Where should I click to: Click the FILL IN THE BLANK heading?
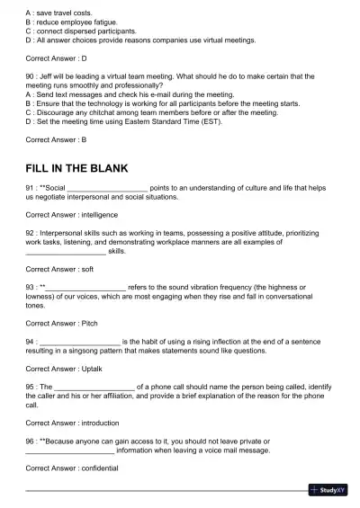click(x=77, y=168)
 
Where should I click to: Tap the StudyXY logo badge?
click(x=328, y=490)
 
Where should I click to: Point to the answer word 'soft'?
click(x=87, y=269)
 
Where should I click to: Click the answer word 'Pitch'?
click(x=89, y=322)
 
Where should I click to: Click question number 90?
click(x=31, y=76)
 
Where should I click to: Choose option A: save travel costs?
click(x=62, y=13)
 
